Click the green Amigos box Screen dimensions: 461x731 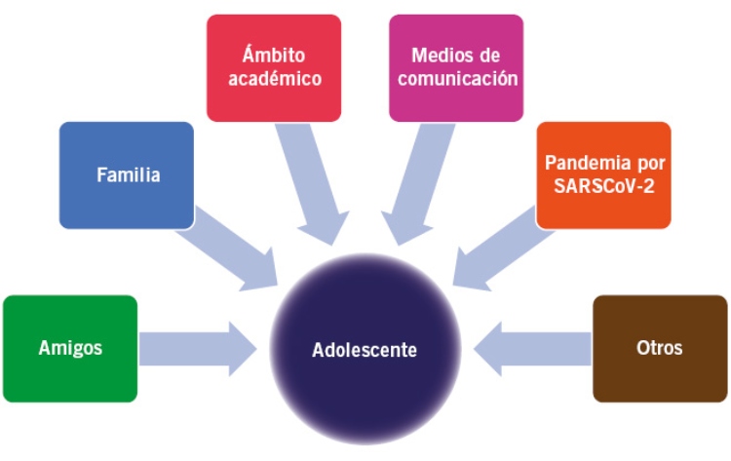pos(71,348)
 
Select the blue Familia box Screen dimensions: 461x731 pos(127,175)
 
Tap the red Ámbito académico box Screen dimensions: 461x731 pos(274,66)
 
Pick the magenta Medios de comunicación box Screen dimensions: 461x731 pos(455,66)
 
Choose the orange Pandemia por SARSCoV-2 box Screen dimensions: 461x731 pos(603,174)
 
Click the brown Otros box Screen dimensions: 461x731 pos(660,348)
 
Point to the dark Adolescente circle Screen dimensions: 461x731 pos(366,348)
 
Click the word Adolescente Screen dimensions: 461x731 pos(366,348)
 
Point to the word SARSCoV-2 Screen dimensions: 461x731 pos(603,187)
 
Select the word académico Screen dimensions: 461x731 pos(274,79)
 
